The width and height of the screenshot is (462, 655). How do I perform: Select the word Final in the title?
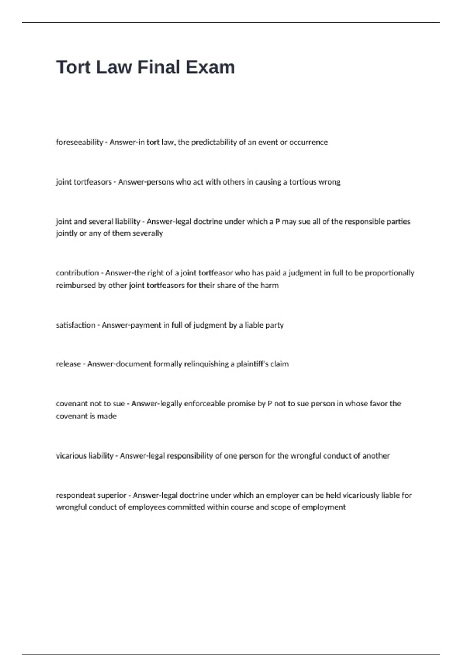tap(159, 67)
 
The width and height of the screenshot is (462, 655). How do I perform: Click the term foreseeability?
tap(79, 142)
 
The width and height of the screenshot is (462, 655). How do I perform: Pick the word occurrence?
tap(308, 142)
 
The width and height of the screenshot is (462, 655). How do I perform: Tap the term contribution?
tap(77, 273)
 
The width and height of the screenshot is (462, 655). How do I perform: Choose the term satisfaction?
tap(75, 325)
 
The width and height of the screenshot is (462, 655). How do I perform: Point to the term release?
tap(68, 364)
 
